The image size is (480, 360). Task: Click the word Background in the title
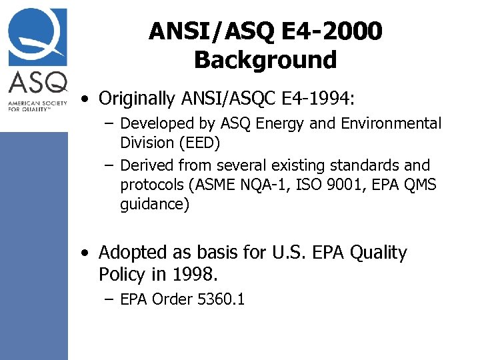click(265, 60)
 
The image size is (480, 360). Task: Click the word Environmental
click(392, 124)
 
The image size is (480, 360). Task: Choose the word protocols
click(153, 185)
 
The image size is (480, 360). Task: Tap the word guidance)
click(155, 205)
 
